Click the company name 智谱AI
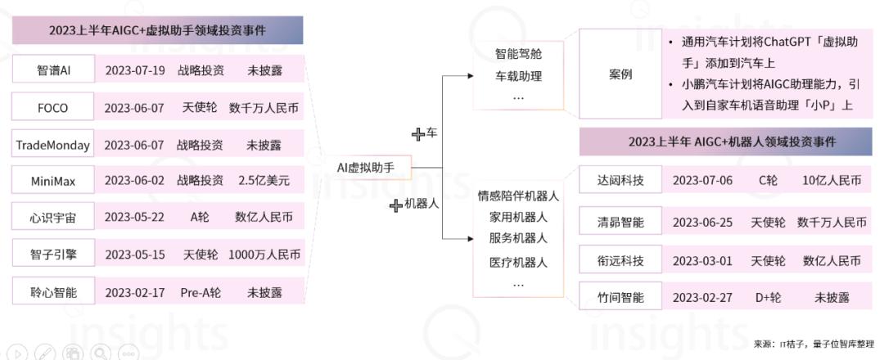53,70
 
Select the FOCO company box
53,108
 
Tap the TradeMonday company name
53,145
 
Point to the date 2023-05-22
135,218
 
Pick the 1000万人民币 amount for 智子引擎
264,254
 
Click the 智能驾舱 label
518,55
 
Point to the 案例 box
620,74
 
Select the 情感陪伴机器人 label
518,196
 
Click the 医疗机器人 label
518,263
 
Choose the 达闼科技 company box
620,179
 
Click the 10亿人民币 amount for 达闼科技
832,179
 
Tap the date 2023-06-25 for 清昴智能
702,222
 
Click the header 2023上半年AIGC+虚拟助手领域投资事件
158,30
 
